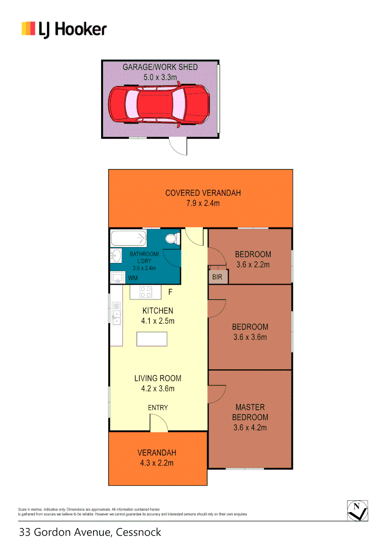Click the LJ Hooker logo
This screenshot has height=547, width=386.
click(x=64, y=29)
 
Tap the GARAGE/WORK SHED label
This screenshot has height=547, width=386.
click(x=160, y=67)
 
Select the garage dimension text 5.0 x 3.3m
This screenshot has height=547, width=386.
click(x=160, y=77)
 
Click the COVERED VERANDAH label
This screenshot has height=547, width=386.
click(x=203, y=192)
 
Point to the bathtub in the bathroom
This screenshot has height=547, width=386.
click(x=128, y=238)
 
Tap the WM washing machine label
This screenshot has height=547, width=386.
click(x=133, y=278)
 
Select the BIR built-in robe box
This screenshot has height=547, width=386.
click(x=218, y=277)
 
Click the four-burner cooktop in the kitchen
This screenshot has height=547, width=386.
click(x=146, y=292)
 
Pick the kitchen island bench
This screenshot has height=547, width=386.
click(x=152, y=338)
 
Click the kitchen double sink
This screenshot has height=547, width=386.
click(x=117, y=313)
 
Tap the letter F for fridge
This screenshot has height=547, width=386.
click(x=170, y=292)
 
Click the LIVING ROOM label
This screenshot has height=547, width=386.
click(x=157, y=378)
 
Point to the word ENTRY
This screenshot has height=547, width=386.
click(x=158, y=408)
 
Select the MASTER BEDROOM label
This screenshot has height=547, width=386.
click(x=250, y=412)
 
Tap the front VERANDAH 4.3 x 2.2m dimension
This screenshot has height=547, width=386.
click(x=157, y=462)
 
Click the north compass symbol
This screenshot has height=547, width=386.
click(x=358, y=510)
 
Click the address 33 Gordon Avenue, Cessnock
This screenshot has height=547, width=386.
click(x=90, y=532)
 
